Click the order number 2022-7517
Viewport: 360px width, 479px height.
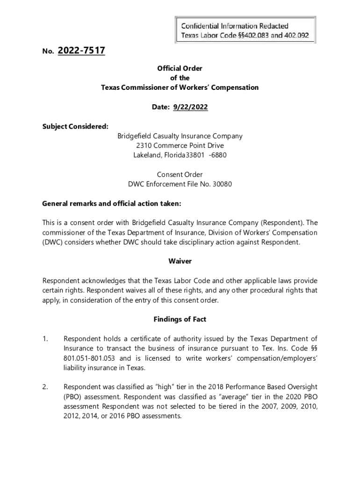[x=81, y=51]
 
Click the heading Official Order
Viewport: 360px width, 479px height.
[x=180, y=68]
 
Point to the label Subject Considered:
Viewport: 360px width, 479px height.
[x=75, y=126]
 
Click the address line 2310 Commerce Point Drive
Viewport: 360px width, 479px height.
[x=180, y=145]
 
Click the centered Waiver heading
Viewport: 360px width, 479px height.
[x=180, y=261]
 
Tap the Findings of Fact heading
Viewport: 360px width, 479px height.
[x=180, y=319]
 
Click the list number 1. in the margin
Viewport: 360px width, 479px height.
[x=45, y=339]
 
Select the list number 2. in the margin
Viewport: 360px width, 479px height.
[x=45, y=387]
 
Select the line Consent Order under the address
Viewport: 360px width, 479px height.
[x=180, y=174]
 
